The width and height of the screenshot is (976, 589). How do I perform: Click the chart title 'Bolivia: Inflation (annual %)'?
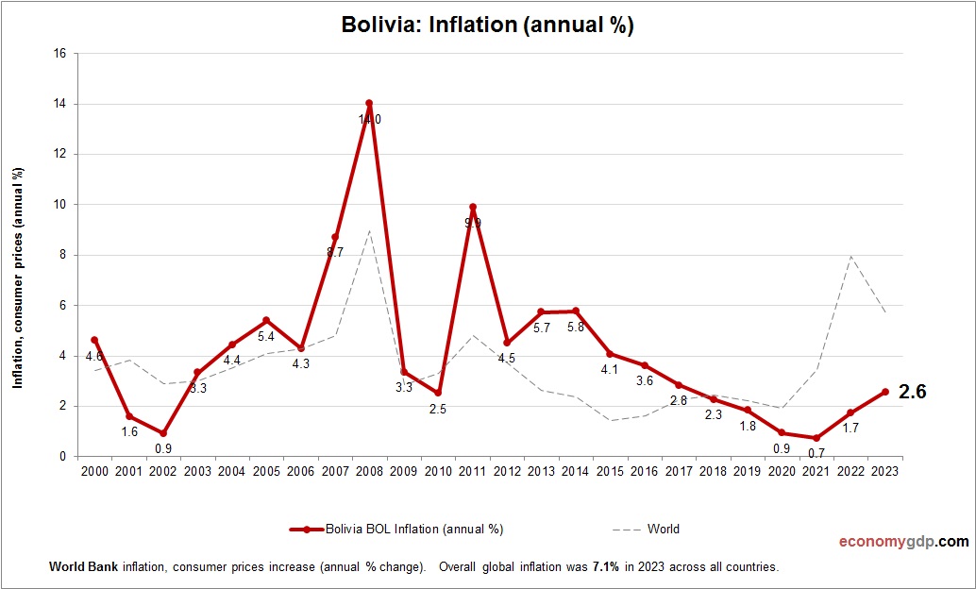point(487,25)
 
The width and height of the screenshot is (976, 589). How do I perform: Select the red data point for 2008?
point(369,103)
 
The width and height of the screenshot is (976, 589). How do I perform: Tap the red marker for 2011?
point(472,207)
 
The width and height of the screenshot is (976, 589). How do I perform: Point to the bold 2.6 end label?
point(912,392)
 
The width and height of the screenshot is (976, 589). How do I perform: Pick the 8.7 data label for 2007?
point(334,252)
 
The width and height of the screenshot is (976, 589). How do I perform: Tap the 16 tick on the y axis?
point(59,54)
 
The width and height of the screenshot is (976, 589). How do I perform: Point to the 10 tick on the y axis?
point(59,205)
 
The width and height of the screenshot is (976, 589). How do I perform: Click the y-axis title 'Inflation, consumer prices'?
point(17,278)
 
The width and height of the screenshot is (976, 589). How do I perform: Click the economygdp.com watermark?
point(904,542)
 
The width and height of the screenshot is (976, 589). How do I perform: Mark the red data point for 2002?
point(162,433)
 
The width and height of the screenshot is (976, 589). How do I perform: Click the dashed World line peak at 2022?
point(850,256)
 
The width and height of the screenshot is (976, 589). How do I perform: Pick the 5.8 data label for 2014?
point(576,328)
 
